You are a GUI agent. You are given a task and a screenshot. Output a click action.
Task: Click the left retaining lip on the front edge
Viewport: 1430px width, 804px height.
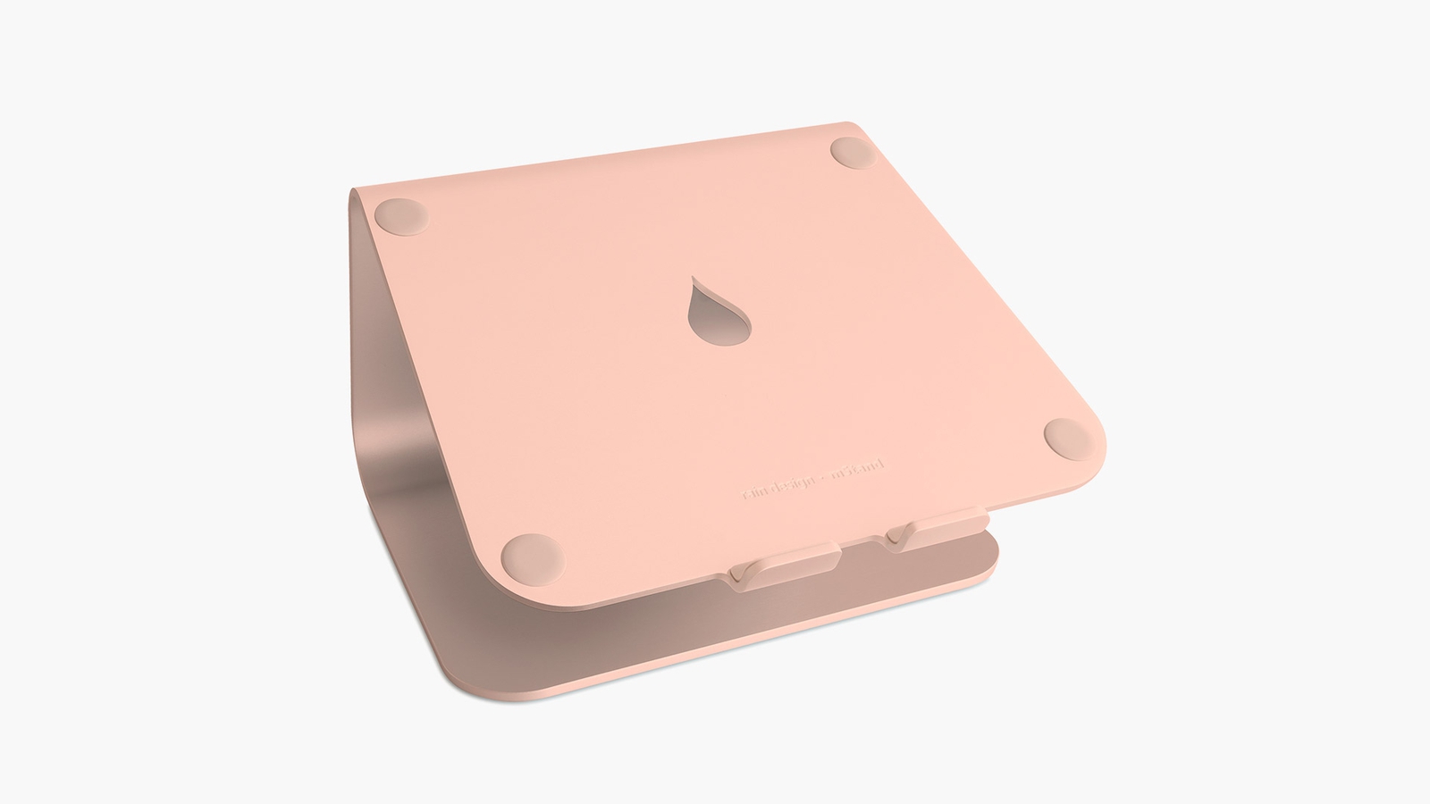(785, 574)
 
